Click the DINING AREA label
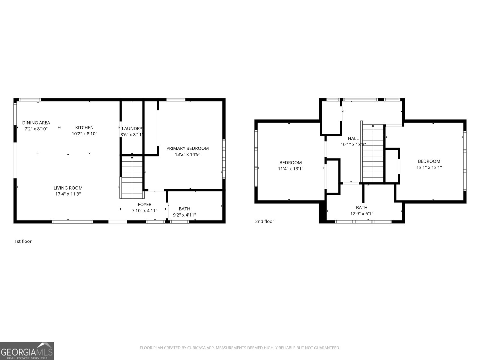click(x=36, y=123)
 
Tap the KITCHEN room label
click(x=84, y=127)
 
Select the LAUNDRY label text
click(x=131, y=129)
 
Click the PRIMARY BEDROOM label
click(x=187, y=148)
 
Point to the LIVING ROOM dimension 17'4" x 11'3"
click(x=68, y=194)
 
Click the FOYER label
click(x=145, y=205)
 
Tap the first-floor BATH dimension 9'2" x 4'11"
click(x=184, y=215)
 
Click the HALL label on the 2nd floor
click(x=353, y=138)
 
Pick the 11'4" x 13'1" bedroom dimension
click(x=290, y=169)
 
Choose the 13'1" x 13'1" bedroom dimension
click(x=429, y=167)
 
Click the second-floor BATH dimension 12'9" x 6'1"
click(x=361, y=214)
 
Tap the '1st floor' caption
click(x=23, y=241)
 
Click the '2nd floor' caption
click(x=265, y=221)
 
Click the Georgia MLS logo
click(x=27, y=351)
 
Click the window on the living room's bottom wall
click(x=73, y=222)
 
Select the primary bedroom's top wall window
click(x=176, y=100)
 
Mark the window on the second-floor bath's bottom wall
click(x=363, y=222)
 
